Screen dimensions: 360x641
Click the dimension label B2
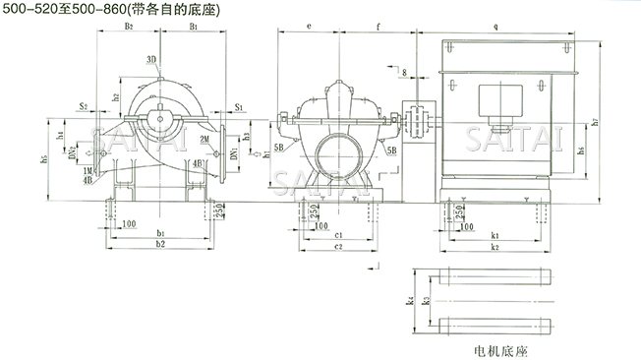[129, 27]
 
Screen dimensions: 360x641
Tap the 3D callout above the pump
[151, 60]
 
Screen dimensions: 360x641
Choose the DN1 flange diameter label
[233, 153]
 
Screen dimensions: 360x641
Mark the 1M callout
[87, 171]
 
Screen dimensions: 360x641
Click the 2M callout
[204, 141]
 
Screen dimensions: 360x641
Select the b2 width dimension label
[160, 242]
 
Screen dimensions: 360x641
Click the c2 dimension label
[337, 246]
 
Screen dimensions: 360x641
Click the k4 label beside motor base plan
[407, 302]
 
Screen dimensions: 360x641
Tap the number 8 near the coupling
[404, 73]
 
